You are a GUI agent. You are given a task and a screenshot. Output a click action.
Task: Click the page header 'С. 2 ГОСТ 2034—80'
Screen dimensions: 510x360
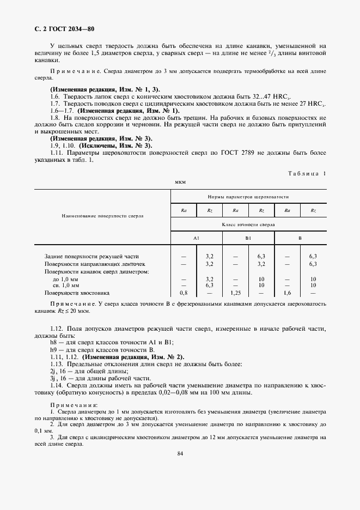64,28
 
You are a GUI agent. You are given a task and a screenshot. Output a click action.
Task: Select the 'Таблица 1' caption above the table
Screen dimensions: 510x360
307,173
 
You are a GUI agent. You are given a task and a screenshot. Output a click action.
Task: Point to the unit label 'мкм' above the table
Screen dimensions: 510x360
180,181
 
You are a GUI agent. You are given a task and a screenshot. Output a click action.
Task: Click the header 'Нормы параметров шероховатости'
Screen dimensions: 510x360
248,196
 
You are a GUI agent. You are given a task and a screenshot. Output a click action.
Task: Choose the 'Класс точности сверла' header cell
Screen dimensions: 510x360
248,224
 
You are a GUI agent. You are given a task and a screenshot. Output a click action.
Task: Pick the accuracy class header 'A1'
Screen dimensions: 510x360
196,239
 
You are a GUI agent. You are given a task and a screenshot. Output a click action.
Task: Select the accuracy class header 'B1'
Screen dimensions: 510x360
248,239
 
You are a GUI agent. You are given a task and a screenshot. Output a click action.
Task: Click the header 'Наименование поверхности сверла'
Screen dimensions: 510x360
103,216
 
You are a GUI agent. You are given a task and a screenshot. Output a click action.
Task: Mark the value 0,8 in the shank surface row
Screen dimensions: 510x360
184,293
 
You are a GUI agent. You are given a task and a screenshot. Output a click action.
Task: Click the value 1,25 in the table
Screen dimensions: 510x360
235,293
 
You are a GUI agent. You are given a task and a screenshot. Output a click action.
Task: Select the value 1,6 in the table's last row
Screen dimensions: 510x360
287,293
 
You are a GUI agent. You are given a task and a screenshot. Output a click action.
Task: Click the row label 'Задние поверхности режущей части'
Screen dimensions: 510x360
91,256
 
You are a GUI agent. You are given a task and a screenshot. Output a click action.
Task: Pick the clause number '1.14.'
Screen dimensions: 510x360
58,385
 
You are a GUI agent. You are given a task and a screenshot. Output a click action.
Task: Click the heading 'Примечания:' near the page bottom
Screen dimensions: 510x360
74,405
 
